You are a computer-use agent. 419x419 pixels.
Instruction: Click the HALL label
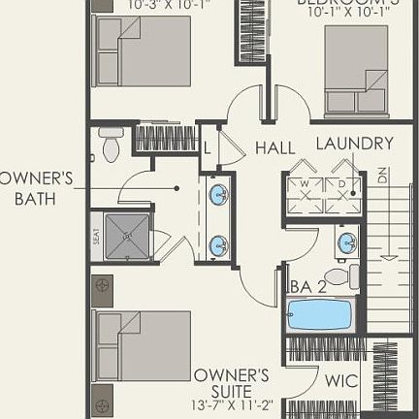(x=275, y=147)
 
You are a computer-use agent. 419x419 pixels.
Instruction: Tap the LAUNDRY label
(x=355, y=144)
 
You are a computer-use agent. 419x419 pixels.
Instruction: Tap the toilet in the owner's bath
(x=110, y=146)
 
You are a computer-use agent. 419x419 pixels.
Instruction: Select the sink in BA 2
(x=346, y=242)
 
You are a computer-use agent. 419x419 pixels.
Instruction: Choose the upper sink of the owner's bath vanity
(x=219, y=194)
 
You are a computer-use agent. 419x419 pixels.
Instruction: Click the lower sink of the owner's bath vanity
(x=219, y=244)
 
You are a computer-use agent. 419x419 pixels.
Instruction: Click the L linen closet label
(x=207, y=147)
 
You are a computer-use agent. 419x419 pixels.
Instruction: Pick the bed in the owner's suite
(x=142, y=349)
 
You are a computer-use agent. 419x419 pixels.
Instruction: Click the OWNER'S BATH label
(x=35, y=188)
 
